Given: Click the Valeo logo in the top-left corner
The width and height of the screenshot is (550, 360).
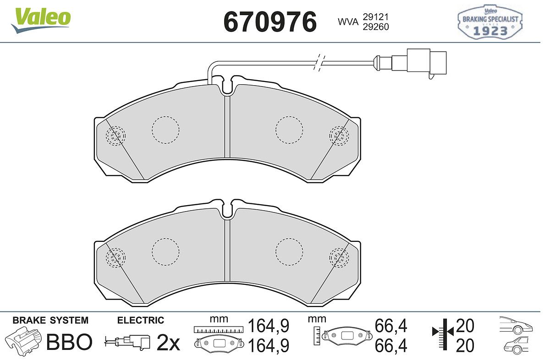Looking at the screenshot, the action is coord(41,20).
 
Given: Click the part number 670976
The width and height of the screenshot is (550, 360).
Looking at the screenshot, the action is coord(270,22).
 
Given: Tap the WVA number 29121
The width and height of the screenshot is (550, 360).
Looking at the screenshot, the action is coord(376,17).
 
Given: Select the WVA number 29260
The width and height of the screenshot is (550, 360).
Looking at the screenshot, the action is coord(376,27).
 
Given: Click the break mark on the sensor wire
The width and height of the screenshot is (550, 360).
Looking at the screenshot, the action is coord(319,63).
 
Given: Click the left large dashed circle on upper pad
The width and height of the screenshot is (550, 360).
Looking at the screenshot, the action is coord(165,130).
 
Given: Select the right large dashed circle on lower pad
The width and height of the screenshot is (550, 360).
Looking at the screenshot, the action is coord(289,252).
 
